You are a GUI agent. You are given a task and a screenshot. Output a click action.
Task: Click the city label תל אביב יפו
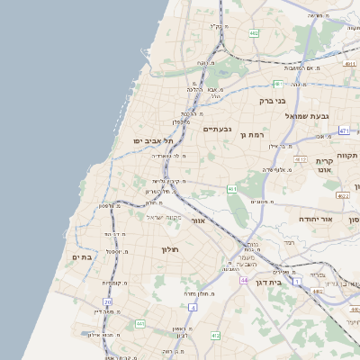coord(153,140)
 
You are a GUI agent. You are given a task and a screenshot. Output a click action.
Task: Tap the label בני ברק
coord(273,101)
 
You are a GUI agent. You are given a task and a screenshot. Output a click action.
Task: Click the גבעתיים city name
coord(217,130)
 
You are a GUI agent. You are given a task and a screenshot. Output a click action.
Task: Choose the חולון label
coord(171,248)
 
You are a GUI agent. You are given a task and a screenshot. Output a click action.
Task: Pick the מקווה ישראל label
coord(164,218)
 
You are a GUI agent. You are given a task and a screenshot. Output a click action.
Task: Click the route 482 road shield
coord(254,32)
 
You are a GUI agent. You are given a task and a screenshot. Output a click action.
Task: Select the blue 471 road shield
coord(344,130)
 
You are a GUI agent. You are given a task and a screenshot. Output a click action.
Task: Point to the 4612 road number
coord(274,158)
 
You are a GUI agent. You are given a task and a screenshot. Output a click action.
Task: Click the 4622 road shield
coord(342,194)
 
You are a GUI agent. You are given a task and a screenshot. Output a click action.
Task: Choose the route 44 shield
coord(244,280)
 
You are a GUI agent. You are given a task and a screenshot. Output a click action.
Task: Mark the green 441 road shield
coord(139,323)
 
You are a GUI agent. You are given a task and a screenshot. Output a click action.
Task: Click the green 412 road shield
coord(215,336)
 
